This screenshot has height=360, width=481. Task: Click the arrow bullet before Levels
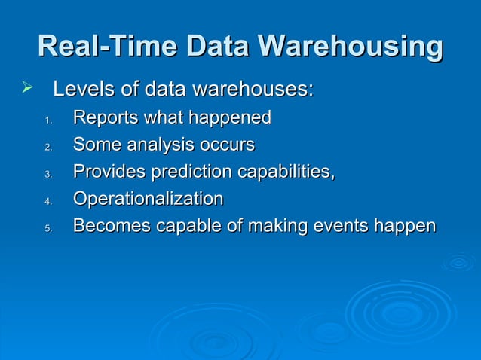(x=29, y=90)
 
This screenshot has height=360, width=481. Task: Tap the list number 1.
(x=47, y=120)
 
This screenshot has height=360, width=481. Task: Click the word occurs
(x=228, y=145)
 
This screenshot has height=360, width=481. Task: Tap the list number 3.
(x=47, y=174)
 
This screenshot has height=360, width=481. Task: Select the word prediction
(x=192, y=172)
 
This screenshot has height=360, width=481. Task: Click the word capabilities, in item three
(x=286, y=172)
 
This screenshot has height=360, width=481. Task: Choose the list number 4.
(x=47, y=201)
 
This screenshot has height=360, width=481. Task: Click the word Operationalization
(x=148, y=199)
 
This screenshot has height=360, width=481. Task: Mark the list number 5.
(x=47, y=228)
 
